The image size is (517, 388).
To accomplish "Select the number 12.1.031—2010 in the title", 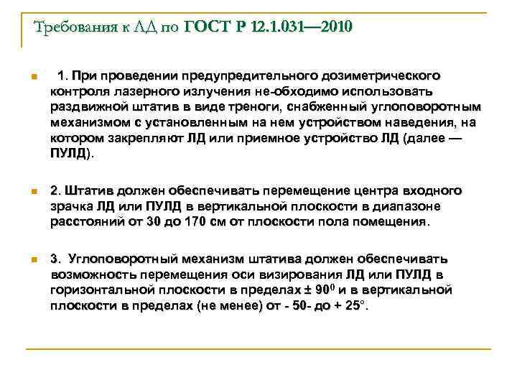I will [302, 28].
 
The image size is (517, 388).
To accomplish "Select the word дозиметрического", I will [382, 75].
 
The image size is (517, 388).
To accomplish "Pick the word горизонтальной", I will [103, 290].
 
